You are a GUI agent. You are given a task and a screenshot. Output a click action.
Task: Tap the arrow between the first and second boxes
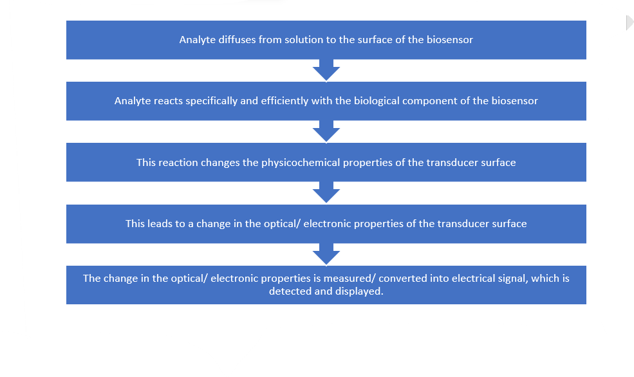(326, 70)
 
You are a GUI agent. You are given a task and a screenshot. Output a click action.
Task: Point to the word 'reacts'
(169, 100)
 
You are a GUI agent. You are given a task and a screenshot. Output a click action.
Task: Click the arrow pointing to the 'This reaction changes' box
(326, 131)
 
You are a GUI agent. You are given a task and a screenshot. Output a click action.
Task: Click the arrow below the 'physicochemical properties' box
(326, 192)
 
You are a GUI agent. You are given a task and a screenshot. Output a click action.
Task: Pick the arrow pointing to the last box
(326, 254)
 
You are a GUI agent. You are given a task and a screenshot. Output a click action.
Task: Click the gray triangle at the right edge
(629, 23)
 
